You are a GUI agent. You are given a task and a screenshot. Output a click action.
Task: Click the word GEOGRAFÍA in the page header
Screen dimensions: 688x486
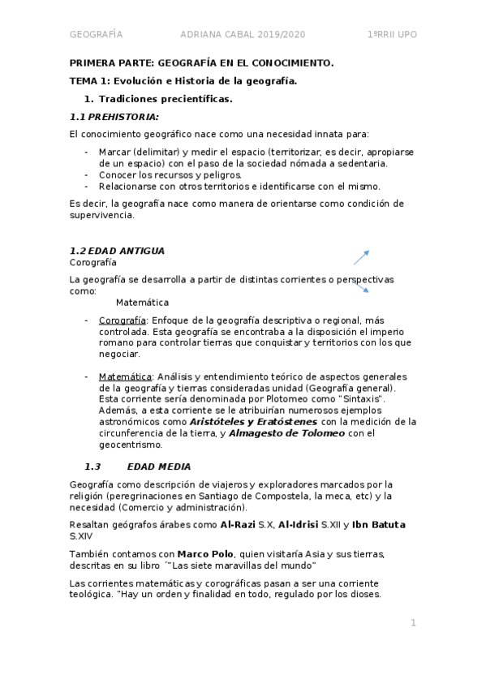[x=97, y=36]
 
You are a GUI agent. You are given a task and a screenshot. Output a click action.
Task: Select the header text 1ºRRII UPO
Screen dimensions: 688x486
[x=392, y=36]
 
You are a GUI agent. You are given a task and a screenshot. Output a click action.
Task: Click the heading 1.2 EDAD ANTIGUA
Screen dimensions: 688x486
[x=118, y=251]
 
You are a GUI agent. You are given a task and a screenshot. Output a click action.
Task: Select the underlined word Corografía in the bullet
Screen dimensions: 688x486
[x=123, y=320]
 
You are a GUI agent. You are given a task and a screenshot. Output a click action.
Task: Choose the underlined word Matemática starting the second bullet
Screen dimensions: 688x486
[x=125, y=376]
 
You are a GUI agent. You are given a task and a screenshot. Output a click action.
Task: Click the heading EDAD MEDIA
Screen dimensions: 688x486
[x=159, y=467]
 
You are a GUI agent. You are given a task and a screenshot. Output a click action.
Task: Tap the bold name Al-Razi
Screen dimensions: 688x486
[x=239, y=525]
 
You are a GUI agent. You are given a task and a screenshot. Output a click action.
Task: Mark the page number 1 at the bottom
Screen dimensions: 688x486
[x=413, y=623]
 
